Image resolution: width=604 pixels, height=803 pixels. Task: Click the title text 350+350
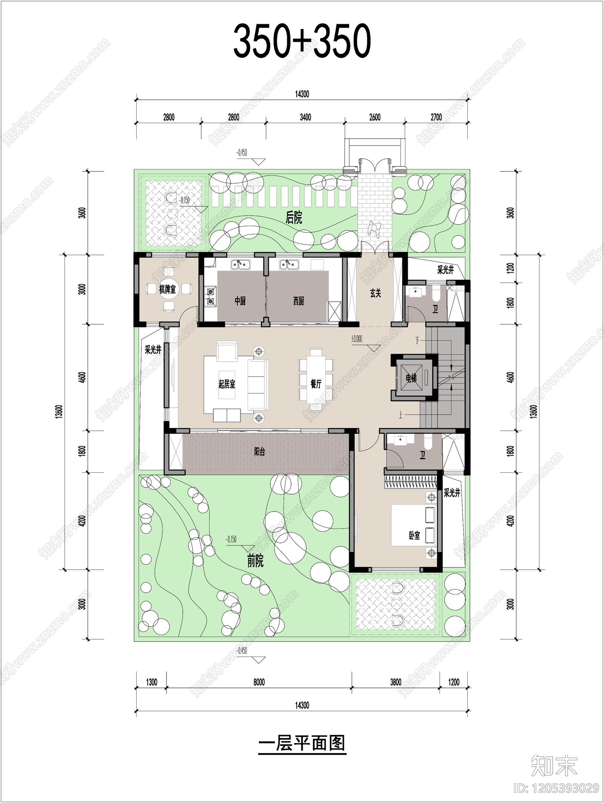(302, 41)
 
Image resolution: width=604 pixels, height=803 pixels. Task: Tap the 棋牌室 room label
(167, 290)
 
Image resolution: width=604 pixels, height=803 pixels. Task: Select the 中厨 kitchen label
(240, 301)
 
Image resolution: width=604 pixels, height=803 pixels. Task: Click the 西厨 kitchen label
(299, 301)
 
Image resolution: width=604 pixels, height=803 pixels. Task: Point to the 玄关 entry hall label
(375, 293)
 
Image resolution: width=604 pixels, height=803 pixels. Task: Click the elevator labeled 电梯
(411, 378)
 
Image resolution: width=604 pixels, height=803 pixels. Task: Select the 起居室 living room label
(227, 384)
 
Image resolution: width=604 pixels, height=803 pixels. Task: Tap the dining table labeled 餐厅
(316, 384)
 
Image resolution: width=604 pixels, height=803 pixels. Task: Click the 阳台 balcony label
(259, 452)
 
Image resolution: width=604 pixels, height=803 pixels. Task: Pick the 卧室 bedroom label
(414, 535)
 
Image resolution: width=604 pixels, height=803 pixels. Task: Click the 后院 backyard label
(294, 218)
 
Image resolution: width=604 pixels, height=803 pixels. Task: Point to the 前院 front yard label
(255, 561)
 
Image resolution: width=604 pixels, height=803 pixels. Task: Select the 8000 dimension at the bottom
(259, 682)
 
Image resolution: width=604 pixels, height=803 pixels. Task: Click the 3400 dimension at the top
(305, 117)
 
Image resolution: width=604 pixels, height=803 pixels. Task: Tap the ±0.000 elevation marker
(357, 339)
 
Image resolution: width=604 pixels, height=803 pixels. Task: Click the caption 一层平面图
(302, 743)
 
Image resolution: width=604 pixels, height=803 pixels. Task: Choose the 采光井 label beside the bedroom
(451, 493)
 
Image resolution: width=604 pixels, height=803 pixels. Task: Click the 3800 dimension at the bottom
(395, 682)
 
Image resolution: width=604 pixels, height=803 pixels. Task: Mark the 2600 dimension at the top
(374, 117)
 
